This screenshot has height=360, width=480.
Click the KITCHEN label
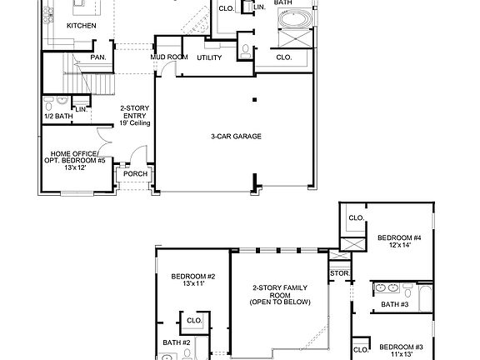click(82, 26)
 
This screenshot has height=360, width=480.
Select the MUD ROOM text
click(168, 57)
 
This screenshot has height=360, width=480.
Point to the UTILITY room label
click(209, 57)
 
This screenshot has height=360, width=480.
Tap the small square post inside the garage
click(257, 99)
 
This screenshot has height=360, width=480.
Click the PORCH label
click(135, 174)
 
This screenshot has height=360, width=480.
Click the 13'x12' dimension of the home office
click(74, 168)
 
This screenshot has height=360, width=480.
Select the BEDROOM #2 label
click(193, 277)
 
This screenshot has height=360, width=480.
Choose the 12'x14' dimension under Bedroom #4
click(399, 245)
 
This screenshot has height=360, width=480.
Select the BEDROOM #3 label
click(402, 347)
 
